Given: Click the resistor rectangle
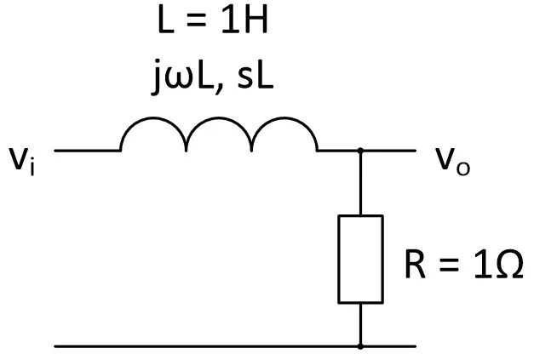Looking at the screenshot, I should tap(360, 259).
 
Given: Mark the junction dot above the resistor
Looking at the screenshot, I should tap(360, 151).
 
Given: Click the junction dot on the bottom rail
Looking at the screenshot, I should tap(360, 346).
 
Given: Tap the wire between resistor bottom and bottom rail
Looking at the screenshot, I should tap(360, 324).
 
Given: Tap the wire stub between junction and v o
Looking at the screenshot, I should tap(389, 151).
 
